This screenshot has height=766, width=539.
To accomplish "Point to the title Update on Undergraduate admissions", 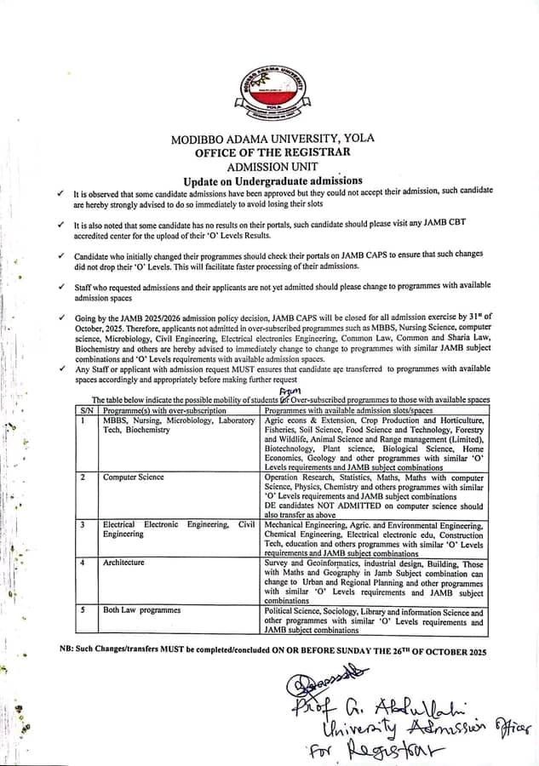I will click(x=272, y=180).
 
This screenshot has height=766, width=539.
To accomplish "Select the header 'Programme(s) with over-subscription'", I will click(x=165, y=410).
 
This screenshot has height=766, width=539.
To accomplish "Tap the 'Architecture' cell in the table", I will click(x=123, y=563).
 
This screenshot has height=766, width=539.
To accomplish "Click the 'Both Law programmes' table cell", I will click(x=141, y=610).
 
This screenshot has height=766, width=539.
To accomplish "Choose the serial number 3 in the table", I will click(x=83, y=525).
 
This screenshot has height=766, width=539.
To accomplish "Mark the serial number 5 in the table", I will click(x=83, y=610).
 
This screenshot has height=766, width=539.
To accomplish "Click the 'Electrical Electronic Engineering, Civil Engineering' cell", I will click(x=178, y=529).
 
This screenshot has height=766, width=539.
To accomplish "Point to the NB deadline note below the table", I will click(x=272, y=651).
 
